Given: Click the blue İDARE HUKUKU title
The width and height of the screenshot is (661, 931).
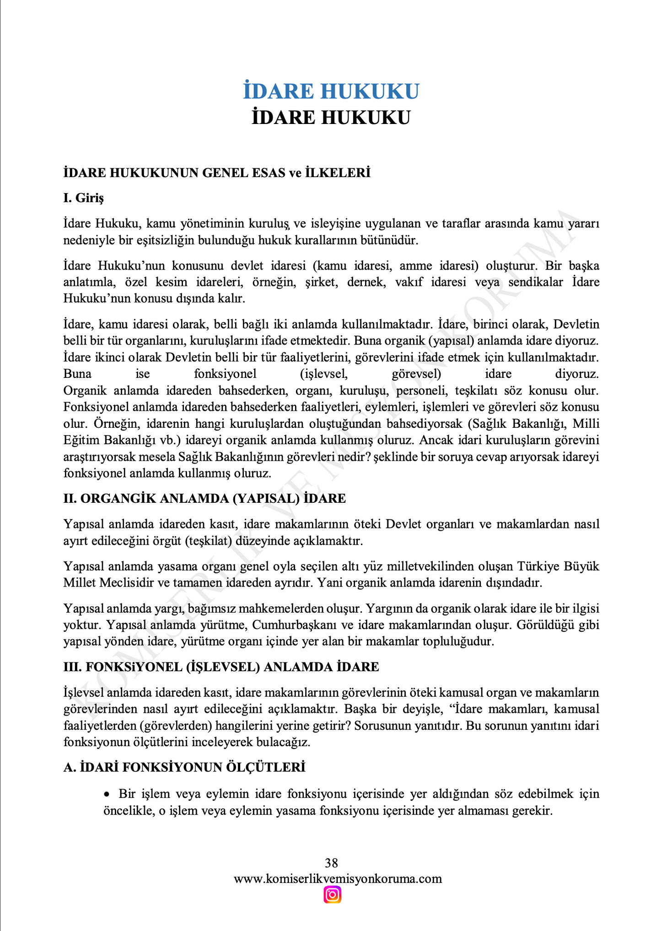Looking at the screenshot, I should tap(331, 91).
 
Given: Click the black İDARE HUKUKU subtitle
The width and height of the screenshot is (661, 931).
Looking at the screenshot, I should tap(331, 118).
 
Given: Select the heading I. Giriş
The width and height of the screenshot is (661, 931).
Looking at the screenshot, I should tap(84, 198).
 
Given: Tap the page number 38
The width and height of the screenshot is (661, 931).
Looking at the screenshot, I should tap(331, 863).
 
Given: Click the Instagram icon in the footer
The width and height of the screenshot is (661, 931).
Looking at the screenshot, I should tap(332, 895).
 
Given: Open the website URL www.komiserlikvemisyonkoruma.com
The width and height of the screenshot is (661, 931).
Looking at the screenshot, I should tap(338, 879).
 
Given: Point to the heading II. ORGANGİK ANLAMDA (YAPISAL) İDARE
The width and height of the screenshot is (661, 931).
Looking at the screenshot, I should tap(204, 498).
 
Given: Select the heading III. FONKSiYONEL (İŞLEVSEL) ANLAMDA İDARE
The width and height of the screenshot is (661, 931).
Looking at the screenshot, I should tap(221, 667).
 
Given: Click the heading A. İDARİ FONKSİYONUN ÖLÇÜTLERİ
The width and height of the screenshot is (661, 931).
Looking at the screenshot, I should tap(184, 767).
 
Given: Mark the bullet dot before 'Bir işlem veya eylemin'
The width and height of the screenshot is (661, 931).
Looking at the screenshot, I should tap(108, 794).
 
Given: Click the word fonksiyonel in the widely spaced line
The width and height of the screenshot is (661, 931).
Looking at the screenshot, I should tap(225, 374).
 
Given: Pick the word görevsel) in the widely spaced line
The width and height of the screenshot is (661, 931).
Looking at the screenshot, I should tap(416, 374).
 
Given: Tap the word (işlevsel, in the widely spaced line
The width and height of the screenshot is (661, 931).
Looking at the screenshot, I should tap(324, 374).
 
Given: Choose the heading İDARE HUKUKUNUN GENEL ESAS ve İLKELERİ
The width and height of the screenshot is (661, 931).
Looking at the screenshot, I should tap(217, 173).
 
